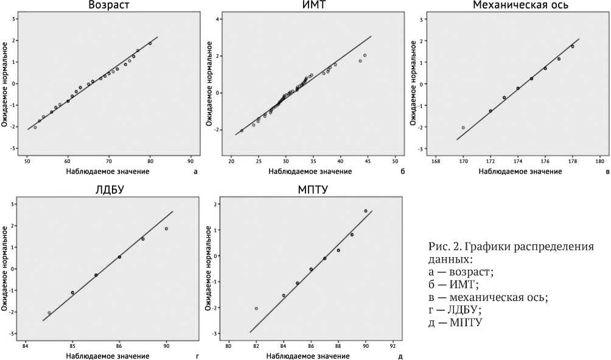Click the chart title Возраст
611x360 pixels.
108,5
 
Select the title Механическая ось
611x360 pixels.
520,5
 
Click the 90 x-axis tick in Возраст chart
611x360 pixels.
190,162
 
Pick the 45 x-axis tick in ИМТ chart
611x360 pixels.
368,162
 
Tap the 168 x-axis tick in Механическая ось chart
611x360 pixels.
436,162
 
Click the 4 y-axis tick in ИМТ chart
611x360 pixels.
218,19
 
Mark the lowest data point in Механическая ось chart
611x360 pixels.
463,128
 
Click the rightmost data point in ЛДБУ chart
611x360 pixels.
166,229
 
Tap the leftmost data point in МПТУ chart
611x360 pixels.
256,308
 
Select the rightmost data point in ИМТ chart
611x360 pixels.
365,55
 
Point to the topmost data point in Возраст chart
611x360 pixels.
150,43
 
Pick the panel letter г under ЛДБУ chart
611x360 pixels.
197,355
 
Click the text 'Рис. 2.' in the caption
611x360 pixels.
441,248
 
